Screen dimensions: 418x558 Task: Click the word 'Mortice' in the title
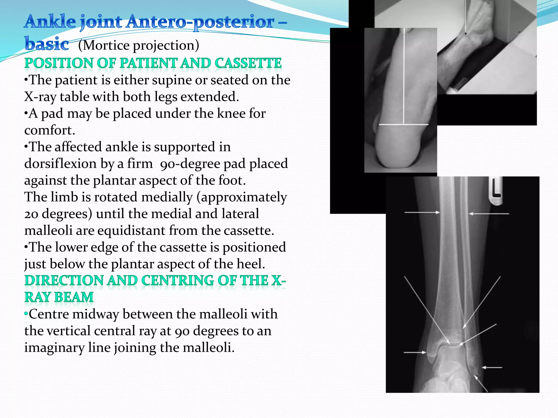pyautogui.click(x=106, y=45)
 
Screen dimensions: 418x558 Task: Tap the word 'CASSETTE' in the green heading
pyautogui.click(x=248, y=63)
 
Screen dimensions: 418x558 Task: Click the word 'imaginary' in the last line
pyautogui.click(x=54, y=348)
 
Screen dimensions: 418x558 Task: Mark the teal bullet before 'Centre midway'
pyautogui.click(x=26, y=314)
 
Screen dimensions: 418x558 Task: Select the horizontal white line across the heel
pyautogui.click(x=403, y=125)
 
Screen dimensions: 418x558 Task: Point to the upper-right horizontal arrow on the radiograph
pyautogui.click(x=489, y=214)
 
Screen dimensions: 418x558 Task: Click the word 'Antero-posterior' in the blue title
pyautogui.click(x=200, y=22)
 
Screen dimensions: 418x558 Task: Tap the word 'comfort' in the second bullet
pyautogui.click(x=48, y=131)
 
